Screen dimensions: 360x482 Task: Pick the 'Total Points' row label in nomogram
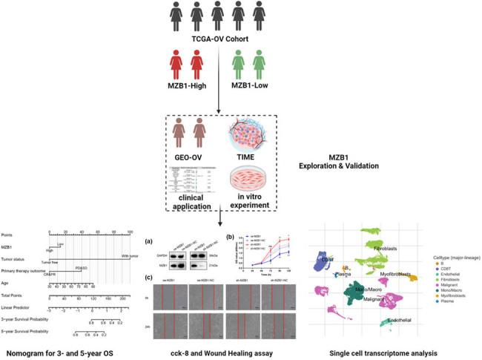pos(16,296)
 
